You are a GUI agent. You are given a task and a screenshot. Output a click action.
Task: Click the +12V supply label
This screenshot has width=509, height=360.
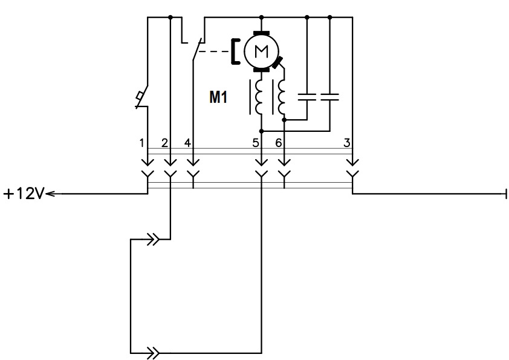pyautogui.click(x=24, y=194)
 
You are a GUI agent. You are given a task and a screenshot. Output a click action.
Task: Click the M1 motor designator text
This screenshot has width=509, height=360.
pyautogui.click(x=218, y=97)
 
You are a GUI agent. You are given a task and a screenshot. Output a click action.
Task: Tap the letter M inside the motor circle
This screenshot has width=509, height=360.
pyautogui.click(x=261, y=51)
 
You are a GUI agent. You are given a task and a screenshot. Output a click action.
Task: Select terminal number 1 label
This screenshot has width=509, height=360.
pyautogui.click(x=141, y=143)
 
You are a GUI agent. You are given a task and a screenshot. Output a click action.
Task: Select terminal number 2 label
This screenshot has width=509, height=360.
pyautogui.click(x=164, y=143)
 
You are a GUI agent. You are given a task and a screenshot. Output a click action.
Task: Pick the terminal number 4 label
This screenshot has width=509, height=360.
pyautogui.click(x=187, y=143)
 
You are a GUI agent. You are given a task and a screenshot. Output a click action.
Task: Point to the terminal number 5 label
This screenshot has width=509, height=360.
pyautogui.click(x=256, y=143)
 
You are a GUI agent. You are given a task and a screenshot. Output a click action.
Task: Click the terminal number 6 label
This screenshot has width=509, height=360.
pyautogui.click(x=279, y=143)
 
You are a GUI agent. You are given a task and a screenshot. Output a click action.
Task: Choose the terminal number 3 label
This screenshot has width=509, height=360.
pyautogui.click(x=347, y=143)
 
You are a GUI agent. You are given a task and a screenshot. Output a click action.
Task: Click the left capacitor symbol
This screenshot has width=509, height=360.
pyautogui.click(x=307, y=96)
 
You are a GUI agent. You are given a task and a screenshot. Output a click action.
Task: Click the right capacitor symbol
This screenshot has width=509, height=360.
pyautogui.click(x=330, y=96)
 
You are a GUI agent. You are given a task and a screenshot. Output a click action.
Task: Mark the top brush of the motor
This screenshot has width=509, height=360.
pyautogui.click(x=262, y=33)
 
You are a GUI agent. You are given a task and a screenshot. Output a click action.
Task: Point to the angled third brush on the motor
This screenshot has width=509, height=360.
pyautogui.click(x=277, y=62)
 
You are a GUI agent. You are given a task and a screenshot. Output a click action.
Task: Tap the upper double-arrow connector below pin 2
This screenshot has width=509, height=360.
pyautogui.click(x=153, y=240)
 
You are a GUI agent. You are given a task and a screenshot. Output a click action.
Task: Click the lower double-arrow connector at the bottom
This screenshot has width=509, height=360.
pyautogui.click(x=153, y=353)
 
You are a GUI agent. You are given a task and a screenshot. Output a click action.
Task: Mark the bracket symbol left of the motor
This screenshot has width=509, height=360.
pyautogui.click(x=235, y=51)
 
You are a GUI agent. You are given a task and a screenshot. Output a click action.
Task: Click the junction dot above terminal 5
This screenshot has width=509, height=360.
pyautogui.click(x=262, y=131)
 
